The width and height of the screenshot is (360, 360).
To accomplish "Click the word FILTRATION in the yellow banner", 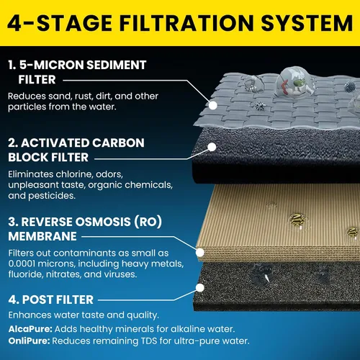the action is click(x=186, y=23).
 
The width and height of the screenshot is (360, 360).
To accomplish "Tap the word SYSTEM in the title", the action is click(x=307, y=23).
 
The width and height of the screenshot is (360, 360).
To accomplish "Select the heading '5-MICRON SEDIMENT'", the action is click(x=83, y=65).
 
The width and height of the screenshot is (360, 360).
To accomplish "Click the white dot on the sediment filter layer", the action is click(x=212, y=105).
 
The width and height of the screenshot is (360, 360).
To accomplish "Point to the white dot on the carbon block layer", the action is click(x=212, y=147).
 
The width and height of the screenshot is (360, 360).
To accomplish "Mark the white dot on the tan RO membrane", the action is click(x=200, y=253).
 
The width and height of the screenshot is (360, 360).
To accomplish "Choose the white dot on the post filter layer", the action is click(x=200, y=287).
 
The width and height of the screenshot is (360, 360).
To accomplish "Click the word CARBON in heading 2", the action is click(x=118, y=143).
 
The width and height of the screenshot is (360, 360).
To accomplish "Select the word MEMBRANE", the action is click(x=42, y=236).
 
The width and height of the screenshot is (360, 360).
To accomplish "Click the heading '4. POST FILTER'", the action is click(x=51, y=300).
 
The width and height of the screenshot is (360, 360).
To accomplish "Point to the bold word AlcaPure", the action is click(x=30, y=329).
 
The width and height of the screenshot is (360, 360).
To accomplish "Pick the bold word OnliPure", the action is click(x=29, y=341).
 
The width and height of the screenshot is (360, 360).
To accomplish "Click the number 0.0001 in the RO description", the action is click(x=22, y=264).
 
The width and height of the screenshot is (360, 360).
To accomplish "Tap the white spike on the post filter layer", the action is click(x=267, y=279).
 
